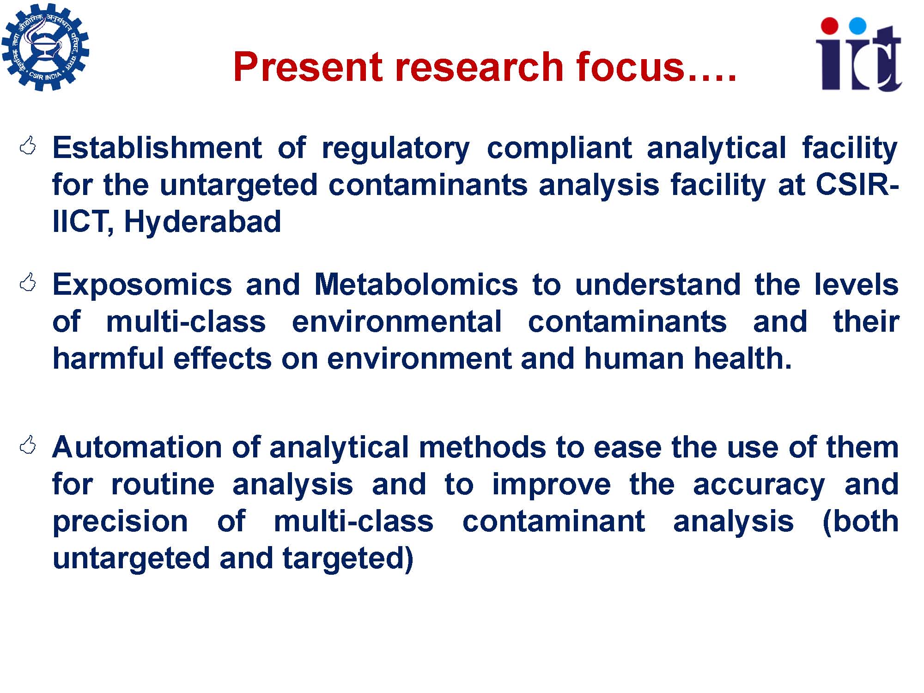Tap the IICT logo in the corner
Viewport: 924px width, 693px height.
(x=859, y=54)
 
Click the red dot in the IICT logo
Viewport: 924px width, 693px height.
(x=831, y=26)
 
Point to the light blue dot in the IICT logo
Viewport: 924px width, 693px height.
(x=857, y=26)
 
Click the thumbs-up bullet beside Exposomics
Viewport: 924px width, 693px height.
(x=28, y=282)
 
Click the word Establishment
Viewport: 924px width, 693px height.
(x=157, y=148)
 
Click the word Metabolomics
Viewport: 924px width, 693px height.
(x=416, y=284)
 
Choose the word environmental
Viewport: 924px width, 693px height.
(x=397, y=322)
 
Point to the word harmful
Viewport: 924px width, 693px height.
(x=108, y=359)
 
